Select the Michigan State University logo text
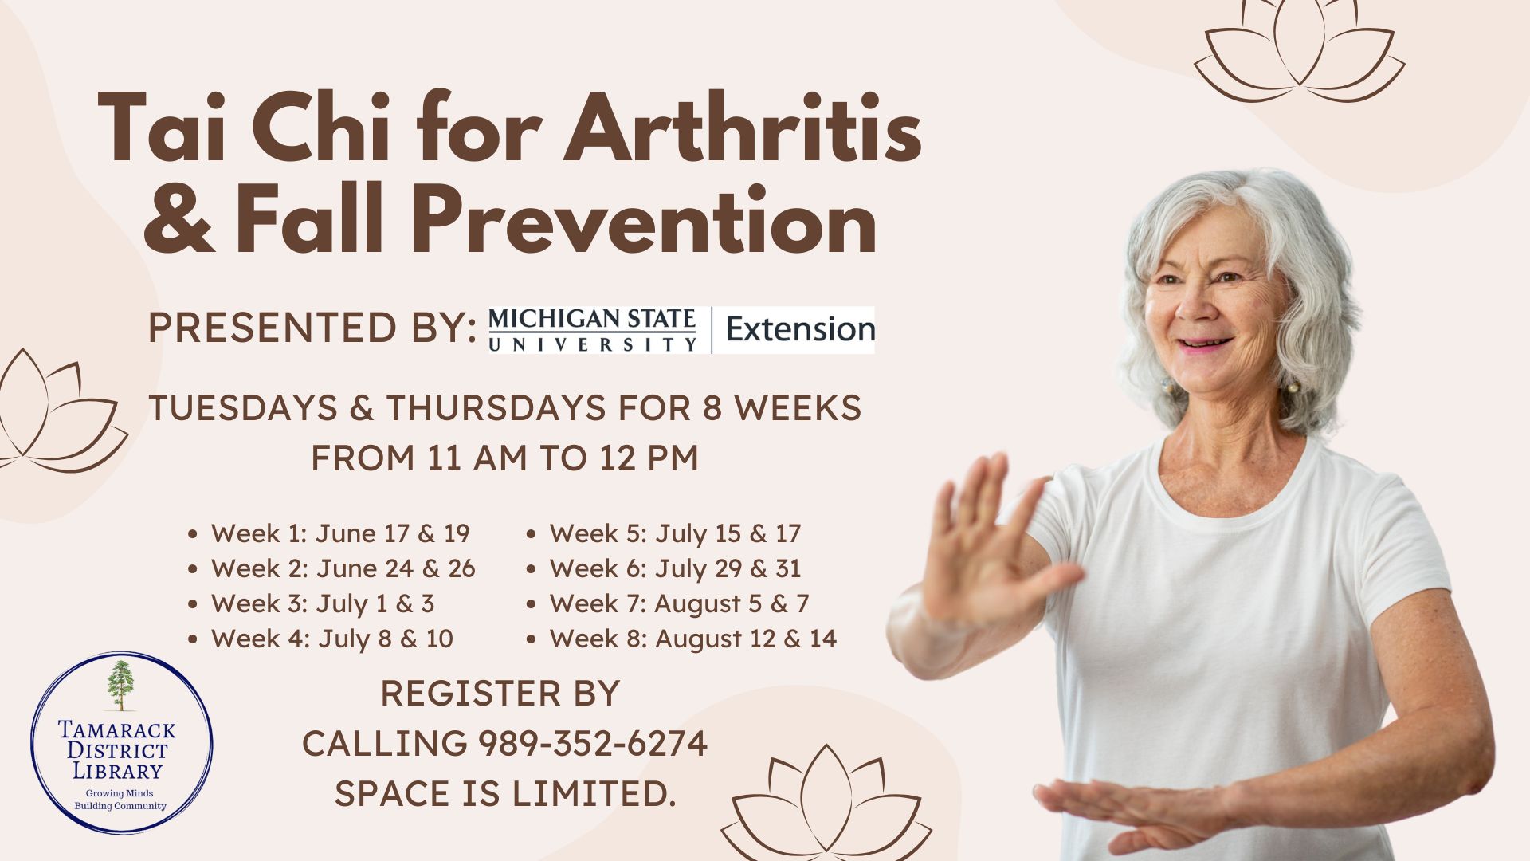tap(592, 330)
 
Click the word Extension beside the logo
tap(800, 329)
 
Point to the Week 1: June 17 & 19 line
tap(340, 533)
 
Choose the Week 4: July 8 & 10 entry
tap(332, 638)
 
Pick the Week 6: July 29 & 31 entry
tap(675, 568)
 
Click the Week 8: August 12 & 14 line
tap(693, 638)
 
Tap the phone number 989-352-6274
tap(593, 743)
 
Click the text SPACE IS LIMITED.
tap(505, 792)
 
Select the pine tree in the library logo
tap(121, 685)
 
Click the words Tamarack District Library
tap(117, 750)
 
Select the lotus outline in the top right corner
tap(1300, 49)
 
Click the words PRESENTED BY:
tap(312, 328)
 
